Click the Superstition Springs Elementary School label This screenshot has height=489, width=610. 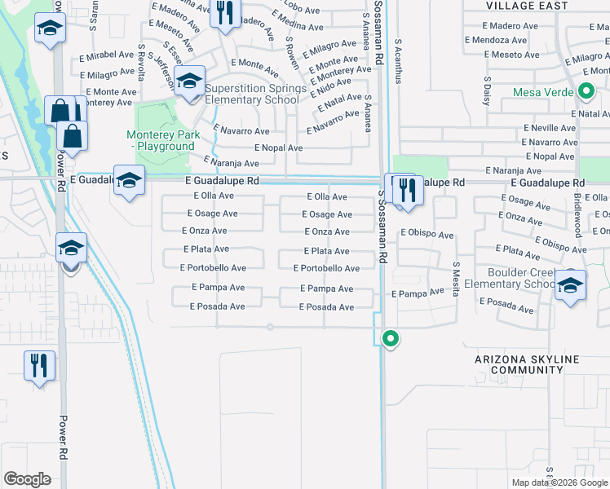tap(255, 94)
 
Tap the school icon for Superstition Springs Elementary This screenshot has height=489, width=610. tap(189, 82)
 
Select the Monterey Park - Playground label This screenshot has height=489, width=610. tap(161, 140)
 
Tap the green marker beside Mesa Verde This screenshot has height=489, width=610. tap(586, 92)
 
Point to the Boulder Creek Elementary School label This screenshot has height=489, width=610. tap(522, 278)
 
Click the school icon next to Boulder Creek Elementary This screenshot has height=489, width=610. tap(570, 286)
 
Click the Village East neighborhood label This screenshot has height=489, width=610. tap(527, 6)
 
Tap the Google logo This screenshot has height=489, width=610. tap(27, 478)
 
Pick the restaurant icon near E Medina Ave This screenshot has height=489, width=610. tap(224, 13)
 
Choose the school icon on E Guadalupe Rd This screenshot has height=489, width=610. tap(129, 179)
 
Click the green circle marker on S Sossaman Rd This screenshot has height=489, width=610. tap(391, 337)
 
